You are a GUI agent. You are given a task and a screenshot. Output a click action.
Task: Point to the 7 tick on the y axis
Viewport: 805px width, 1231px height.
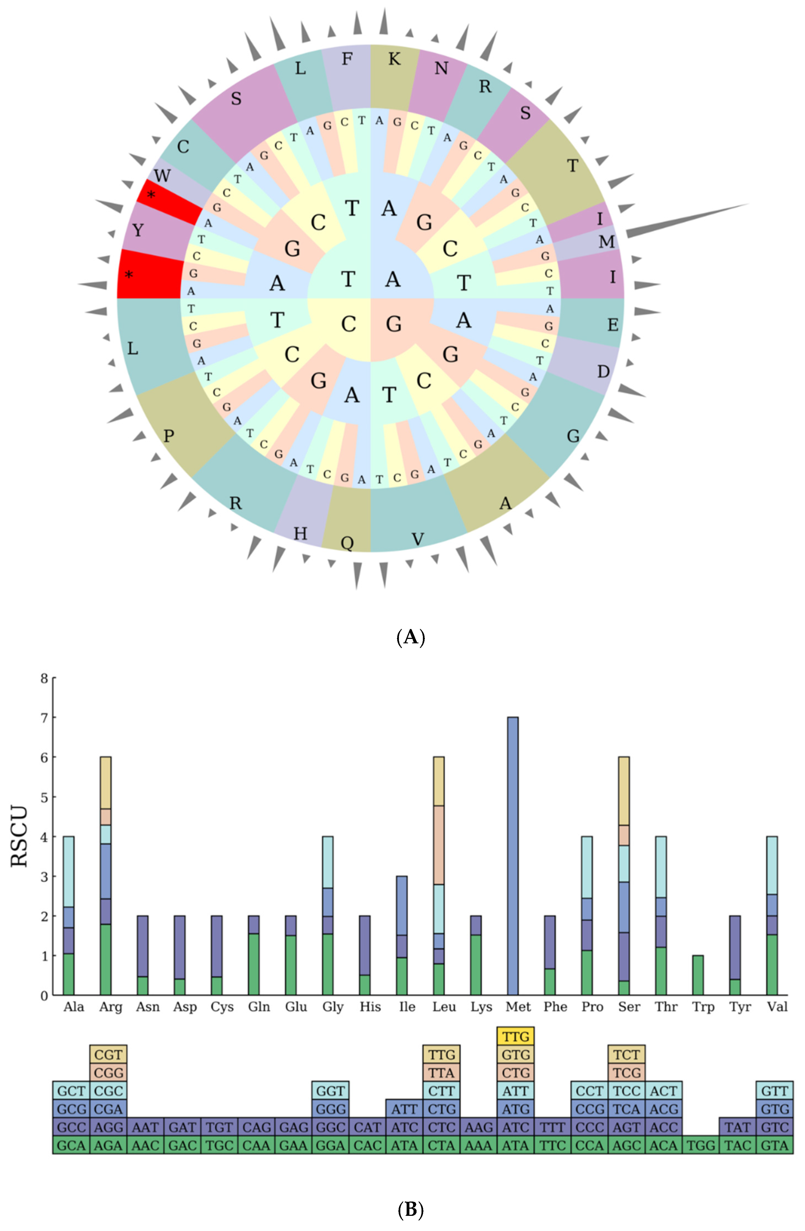44,718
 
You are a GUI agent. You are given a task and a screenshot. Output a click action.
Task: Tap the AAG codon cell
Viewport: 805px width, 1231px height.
478,1128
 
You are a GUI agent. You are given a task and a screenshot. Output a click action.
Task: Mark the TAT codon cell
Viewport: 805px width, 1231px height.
737,1128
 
